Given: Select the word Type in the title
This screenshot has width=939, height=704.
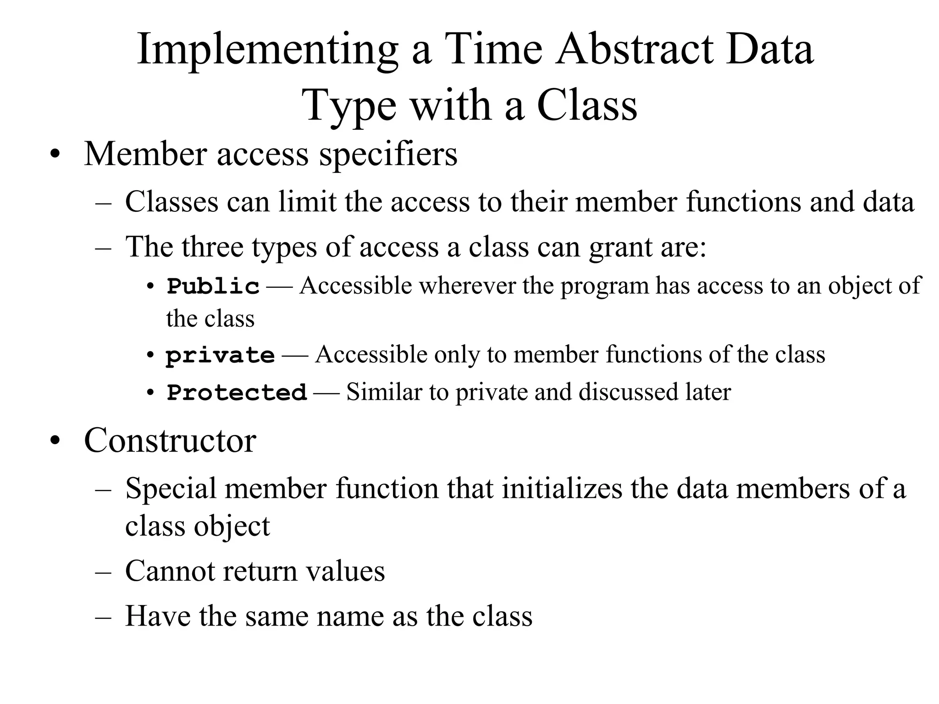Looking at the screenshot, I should click(350, 106).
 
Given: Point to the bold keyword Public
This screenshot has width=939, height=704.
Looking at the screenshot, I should click(213, 287).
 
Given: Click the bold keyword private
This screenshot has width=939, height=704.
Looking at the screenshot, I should click(220, 356).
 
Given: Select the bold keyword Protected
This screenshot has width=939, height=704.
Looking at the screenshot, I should click(237, 393).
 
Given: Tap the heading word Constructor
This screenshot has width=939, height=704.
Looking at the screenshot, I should click(170, 440).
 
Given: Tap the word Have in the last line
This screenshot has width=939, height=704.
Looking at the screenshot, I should click(158, 616).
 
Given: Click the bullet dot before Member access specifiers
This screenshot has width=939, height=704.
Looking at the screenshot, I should click(55, 155).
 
